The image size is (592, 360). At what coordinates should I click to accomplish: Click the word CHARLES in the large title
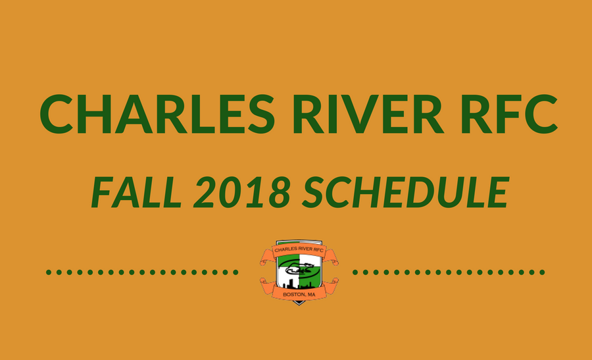[x=157, y=113]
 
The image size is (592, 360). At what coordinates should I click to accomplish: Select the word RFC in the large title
[x=509, y=113]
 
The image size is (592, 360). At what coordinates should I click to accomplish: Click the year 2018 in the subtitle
[x=241, y=192]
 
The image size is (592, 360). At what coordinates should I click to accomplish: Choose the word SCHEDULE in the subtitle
[x=406, y=192]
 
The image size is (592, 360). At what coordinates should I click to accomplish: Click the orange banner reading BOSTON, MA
[x=299, y=292]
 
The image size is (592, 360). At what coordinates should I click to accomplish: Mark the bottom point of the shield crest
[x=299, y=305]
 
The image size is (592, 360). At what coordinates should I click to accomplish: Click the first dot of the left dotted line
[x=49, y=272]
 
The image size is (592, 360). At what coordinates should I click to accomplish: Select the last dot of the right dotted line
[x=542, y=272]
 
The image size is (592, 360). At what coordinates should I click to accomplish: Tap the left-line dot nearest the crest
[x=235, y=272]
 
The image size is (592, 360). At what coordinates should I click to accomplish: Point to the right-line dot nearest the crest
[x=355, y=272]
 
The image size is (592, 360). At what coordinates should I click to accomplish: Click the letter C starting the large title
[x=57, y=114]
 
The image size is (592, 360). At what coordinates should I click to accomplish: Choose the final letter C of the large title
[x=541, y=114]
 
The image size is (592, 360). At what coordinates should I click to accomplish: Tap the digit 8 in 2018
[x=280, y=192]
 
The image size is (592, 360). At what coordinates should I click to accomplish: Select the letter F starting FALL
[x=103, y=192]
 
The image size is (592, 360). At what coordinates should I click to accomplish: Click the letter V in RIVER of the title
[x=353, y=114]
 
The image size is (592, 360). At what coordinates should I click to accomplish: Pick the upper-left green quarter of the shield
[x=287, y=260]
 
